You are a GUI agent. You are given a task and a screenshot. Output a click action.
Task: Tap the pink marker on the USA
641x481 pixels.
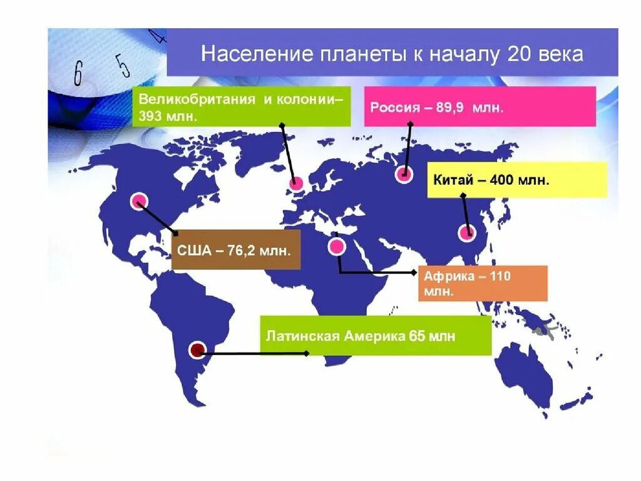[x=138, y=201]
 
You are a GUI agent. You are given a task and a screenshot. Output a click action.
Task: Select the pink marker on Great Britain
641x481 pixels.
[x=296, y=184]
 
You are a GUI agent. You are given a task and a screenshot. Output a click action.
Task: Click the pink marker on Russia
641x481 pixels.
[x=404, y=175]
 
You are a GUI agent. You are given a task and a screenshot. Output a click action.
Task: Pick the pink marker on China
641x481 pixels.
[x=466, y=233]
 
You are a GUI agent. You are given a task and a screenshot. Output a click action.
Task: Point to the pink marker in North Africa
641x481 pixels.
[x=337, y=247]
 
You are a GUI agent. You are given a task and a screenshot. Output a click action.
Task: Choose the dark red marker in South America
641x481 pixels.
[x=198, y=349]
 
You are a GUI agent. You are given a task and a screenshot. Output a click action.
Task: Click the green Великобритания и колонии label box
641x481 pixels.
[x=242, y=107]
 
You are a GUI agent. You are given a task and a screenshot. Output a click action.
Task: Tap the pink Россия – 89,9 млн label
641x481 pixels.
[x=480, y=107]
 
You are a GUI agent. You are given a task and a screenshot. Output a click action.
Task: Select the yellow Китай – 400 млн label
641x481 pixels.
[x=517, y=180]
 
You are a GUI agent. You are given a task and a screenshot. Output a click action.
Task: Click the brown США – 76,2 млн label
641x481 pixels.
[x=235, y=250]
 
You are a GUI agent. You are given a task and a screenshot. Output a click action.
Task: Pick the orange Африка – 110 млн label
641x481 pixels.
[x=483, y=283]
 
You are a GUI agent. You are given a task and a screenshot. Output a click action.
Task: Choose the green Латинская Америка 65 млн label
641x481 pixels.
[x=376, y=336]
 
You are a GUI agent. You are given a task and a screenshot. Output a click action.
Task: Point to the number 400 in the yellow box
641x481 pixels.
[x=501, y=180]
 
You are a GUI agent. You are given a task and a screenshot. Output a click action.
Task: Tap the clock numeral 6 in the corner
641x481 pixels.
[x=78, y=74]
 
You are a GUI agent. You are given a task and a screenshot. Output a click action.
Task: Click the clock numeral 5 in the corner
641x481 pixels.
[x=122, y=65]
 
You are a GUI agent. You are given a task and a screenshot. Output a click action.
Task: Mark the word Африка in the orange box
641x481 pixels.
[x=449, y=276]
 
